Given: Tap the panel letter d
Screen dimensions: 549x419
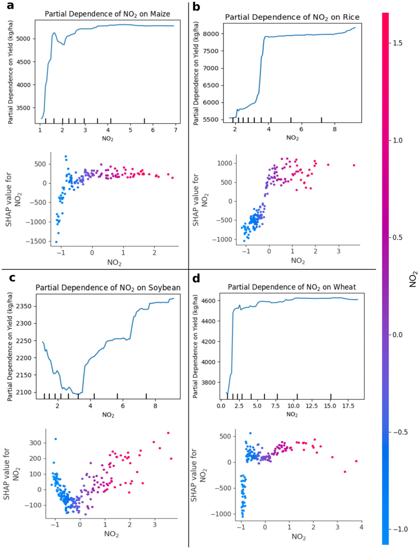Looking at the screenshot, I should [196, 278].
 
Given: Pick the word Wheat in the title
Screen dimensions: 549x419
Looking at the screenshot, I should [344, 287].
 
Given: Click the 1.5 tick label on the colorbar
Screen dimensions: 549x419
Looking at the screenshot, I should [398, 43].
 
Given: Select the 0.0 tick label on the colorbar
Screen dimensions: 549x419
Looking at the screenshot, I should [398, 335].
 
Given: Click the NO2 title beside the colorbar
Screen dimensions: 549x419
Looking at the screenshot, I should [413, 279].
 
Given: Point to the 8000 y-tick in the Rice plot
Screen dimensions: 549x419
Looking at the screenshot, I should [211, 34].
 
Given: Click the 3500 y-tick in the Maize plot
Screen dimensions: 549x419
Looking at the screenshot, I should [23, 108].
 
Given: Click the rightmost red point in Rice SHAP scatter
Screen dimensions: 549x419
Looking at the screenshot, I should [354, 165].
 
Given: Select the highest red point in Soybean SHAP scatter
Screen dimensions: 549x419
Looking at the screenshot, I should [168, 433].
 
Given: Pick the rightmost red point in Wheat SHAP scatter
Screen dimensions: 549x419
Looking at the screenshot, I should [356, 461].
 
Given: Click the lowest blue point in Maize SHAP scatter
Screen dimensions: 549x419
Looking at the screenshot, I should [56, 242].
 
